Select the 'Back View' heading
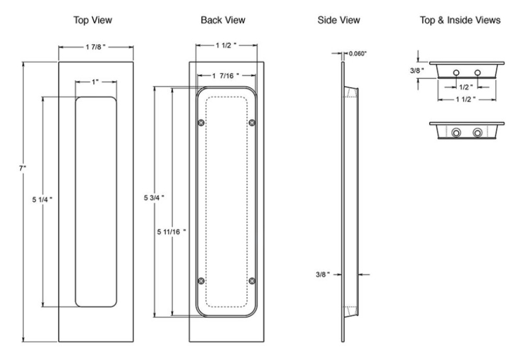coord(223,20)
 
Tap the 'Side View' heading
coord(339,20)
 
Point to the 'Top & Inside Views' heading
coord(460,20)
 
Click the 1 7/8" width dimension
coord(95,47)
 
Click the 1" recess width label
coord(96,82)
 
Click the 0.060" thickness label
coord(358,53)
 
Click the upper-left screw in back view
coord(201,123)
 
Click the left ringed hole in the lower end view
coord(457,134)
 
